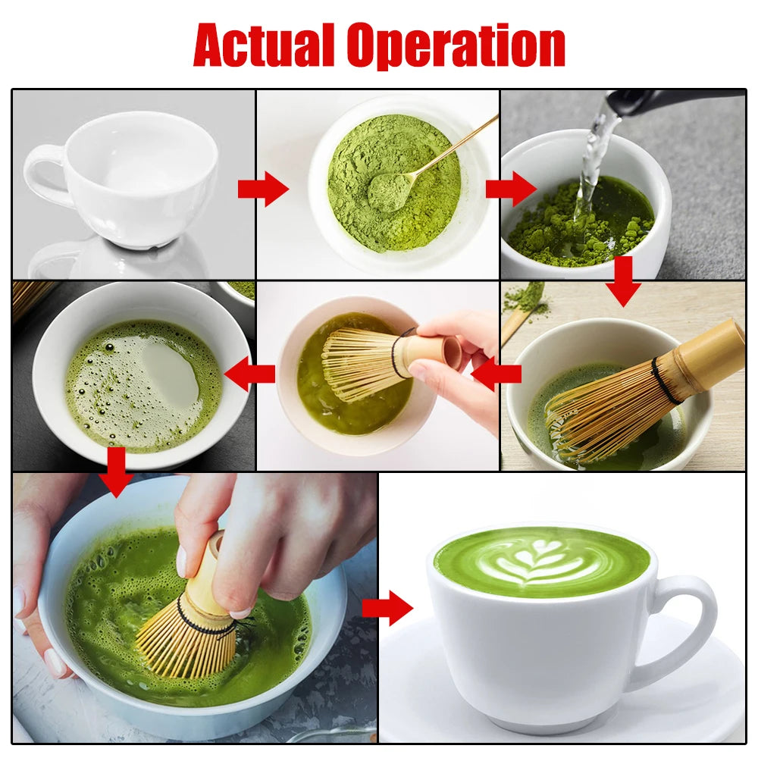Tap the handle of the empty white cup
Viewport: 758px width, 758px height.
tap(44, 172)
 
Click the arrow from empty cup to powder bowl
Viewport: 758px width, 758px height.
tap(262, 189)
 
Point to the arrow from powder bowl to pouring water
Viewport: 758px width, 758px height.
tap(510, 189)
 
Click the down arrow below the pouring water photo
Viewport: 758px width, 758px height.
tap(623, 280)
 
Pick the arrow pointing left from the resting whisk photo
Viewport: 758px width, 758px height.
tap(496, 374)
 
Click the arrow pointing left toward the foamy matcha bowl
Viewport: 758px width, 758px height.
tap(250, 374)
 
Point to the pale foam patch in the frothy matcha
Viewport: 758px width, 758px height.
tap(171, 373)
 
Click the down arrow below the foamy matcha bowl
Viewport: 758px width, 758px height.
tap(117, 472)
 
